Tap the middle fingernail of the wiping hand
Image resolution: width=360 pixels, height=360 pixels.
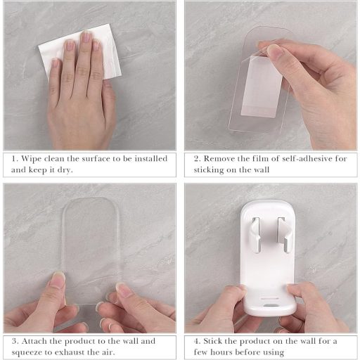[86, 37]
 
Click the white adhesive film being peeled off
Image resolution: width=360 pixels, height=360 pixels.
[262, 86]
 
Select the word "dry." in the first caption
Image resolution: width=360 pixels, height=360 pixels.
[65, 170]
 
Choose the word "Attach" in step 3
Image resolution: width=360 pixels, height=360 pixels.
[34, 341]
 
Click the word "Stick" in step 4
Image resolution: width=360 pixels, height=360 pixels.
[212, 341]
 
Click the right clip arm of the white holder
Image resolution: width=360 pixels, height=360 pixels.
[285, 234]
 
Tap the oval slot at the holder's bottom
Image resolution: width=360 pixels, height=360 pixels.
[270, 306]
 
